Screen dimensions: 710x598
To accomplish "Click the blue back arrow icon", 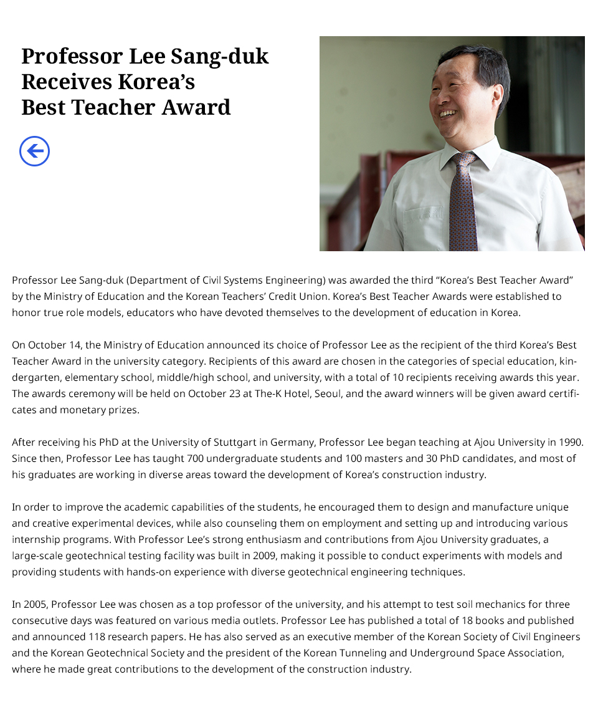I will [x=34, y=151].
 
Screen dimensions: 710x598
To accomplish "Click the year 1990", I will [x=571, y=443].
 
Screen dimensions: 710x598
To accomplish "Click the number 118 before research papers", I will [x=75, y=637].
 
